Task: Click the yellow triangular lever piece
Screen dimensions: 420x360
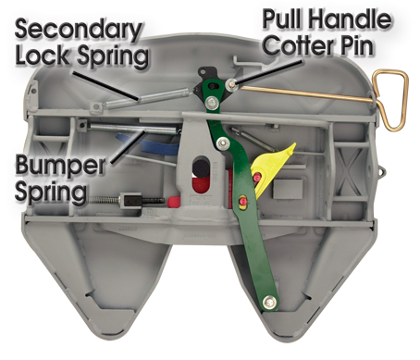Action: coord(275,165)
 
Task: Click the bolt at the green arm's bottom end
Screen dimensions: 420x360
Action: coord(269,301)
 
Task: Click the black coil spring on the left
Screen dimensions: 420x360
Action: coord(109,203)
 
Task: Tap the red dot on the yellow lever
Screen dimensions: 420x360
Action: coord(257,176)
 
